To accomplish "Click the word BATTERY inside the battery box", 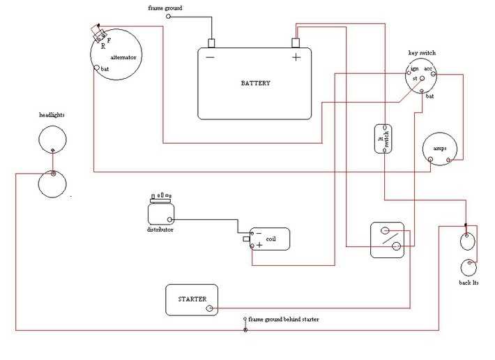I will [255, 83].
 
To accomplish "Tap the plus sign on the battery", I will [296, 57].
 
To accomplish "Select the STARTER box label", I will [192, 299].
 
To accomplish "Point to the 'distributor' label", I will [160, 230].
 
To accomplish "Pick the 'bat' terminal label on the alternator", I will [105, 69].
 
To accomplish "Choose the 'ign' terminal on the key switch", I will [414, 70].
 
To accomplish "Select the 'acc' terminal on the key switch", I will [429, 70].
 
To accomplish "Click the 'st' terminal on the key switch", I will [415, 79].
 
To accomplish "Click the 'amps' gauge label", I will [440, 149].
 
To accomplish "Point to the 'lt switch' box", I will [383, 139].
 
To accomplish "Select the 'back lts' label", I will [469, 283].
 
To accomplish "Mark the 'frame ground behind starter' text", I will [284, 319].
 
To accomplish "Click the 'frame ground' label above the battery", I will [166, 7].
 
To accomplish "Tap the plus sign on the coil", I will [259, 245].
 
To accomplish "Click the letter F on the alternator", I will [108, 41].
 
